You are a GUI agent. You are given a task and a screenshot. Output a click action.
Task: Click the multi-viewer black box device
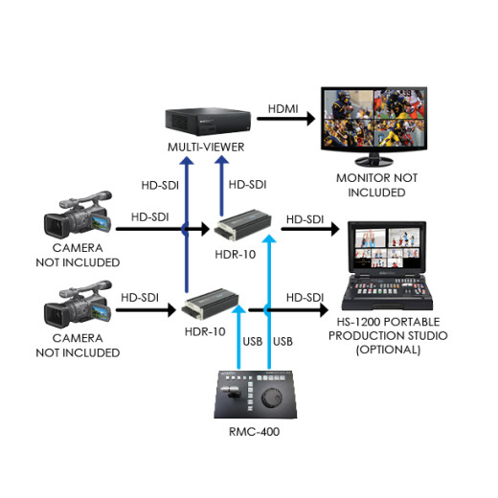click(206, 121)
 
